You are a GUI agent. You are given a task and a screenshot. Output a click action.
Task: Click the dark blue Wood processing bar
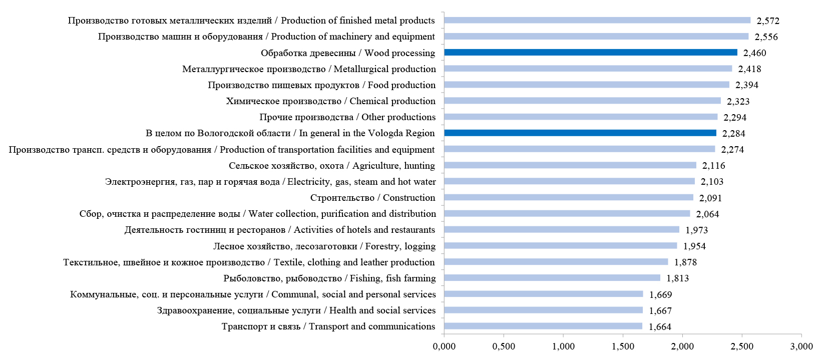tap(590, 53)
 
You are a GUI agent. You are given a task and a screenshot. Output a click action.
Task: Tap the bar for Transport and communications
tap(543, 326)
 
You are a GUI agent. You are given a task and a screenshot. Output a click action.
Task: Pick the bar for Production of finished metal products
tap(597, 20)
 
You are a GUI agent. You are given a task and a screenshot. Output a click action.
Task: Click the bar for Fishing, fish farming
tap(552, 278)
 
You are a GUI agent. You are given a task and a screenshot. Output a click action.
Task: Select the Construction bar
tap(568, 197)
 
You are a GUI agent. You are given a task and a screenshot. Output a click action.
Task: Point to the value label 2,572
tap(768, 21)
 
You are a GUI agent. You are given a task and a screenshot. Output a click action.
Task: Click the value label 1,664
tap(660, 327)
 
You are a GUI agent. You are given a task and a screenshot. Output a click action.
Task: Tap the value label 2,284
tap(733, 134)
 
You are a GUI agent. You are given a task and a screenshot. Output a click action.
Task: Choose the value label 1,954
tap(694, 246)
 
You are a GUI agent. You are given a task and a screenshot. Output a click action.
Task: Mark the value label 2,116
tap(713, 166)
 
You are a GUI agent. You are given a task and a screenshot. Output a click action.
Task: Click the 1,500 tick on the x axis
tap(623, 346)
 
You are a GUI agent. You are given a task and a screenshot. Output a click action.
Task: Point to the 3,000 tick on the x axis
tap(801, 346)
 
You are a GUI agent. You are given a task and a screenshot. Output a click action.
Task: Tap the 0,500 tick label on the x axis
tap(504, 346)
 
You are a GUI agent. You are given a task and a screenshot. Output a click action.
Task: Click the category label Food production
tap(321, 85)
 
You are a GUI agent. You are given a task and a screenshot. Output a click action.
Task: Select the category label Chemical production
tap(330, 101)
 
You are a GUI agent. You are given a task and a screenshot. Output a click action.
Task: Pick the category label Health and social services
tap(296, 310)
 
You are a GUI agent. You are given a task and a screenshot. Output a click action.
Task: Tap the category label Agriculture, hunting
tap(331, 166)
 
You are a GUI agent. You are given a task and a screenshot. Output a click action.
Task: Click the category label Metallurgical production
tap(309, 69)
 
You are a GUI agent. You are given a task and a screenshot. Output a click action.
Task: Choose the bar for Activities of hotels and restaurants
tap(561, 229)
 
